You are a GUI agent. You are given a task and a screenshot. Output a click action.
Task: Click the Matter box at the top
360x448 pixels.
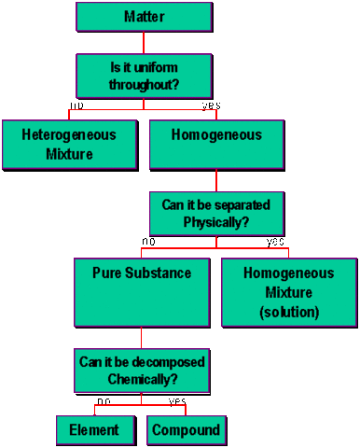tap(144, 17)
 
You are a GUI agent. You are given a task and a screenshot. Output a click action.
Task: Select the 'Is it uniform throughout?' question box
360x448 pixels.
tap(144, 76)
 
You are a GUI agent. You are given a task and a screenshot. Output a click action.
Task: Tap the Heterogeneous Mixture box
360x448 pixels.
tap(70, 144)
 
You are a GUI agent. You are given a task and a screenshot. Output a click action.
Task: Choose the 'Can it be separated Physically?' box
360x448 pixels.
tap(217, 214)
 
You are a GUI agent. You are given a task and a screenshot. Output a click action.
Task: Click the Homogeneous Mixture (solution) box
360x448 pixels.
tap(289, 291)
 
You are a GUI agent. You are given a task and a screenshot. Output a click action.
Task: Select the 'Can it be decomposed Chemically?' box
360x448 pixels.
tap(142, 371)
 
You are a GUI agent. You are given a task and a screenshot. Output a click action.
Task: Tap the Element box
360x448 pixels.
tap(94, 430)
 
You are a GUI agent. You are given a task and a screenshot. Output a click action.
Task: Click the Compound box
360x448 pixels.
tap(186, 430)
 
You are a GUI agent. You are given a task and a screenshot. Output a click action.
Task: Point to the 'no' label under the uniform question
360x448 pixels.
tap(76, 105)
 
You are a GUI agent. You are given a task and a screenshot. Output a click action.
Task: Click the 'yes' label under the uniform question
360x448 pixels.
tap(211, 105)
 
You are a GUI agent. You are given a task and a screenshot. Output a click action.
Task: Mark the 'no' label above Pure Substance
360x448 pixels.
tap(147, 242)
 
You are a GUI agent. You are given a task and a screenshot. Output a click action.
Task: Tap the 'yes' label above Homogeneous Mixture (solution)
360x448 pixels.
tap(275, 242)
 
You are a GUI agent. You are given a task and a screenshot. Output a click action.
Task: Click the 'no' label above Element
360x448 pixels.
tap(104, 401)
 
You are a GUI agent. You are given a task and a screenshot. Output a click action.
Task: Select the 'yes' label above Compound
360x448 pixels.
tap(177, 401)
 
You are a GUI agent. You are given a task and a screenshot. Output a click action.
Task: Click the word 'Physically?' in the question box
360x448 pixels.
tap(217, 223)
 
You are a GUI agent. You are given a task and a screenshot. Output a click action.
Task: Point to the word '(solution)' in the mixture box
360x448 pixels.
tap(289, 313)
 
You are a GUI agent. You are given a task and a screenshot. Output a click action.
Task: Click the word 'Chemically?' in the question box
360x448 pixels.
tap(142, 380)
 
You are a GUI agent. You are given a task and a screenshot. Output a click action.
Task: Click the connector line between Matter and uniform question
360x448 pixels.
tap(144, 42)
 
